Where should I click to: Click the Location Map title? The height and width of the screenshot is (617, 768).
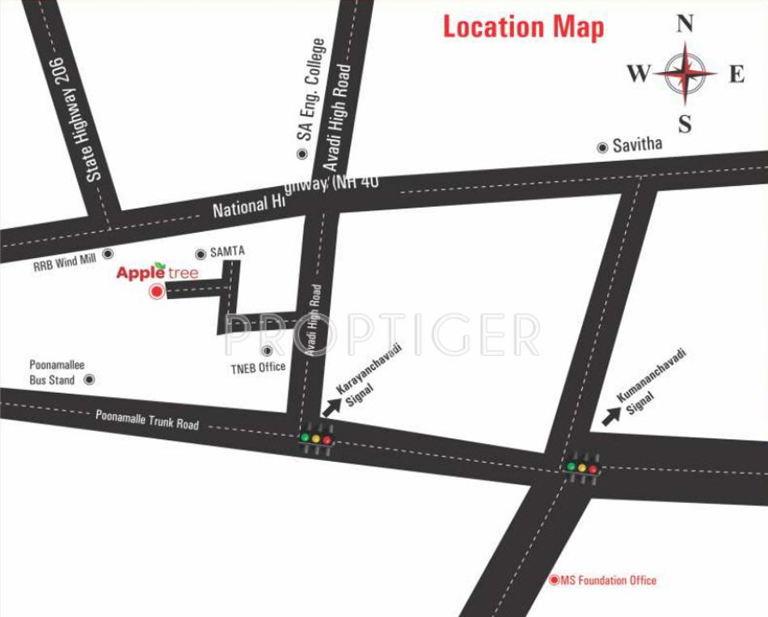pyautogui.click(x=523, y=27)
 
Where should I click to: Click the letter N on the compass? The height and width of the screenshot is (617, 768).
pyautogui.click(x=685, y=23)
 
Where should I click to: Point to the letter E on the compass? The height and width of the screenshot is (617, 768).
pyautogui.click(x=736, y=74)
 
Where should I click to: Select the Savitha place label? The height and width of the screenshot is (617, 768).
pyautogui.click(x=637, y=145)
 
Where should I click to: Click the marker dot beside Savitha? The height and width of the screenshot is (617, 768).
pyautogui.click(x=601, y=147)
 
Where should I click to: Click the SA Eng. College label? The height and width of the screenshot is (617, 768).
pyautogui.click(x=312, y=89)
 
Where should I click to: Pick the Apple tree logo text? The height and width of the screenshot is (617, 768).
pyautogui.click(x=157, y=272)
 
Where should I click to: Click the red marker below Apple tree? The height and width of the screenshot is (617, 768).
pyautogui.click(x=157, y=293)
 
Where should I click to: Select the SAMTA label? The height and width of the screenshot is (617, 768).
pyautogui.click(x=227, y=252)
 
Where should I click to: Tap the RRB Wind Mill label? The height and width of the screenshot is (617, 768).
pyautogui.click(x=65, y=260)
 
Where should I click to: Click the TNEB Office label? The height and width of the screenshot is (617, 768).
pyautogui.click(x=258, y=367)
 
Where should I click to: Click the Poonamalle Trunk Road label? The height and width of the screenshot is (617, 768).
pyautogui.click(x=147, y=420)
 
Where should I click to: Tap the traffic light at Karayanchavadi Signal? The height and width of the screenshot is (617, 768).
pyautogui.click(x=316, y=439)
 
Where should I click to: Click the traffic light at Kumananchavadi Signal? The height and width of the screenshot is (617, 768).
pyautogui.click(x=582, y=467)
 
